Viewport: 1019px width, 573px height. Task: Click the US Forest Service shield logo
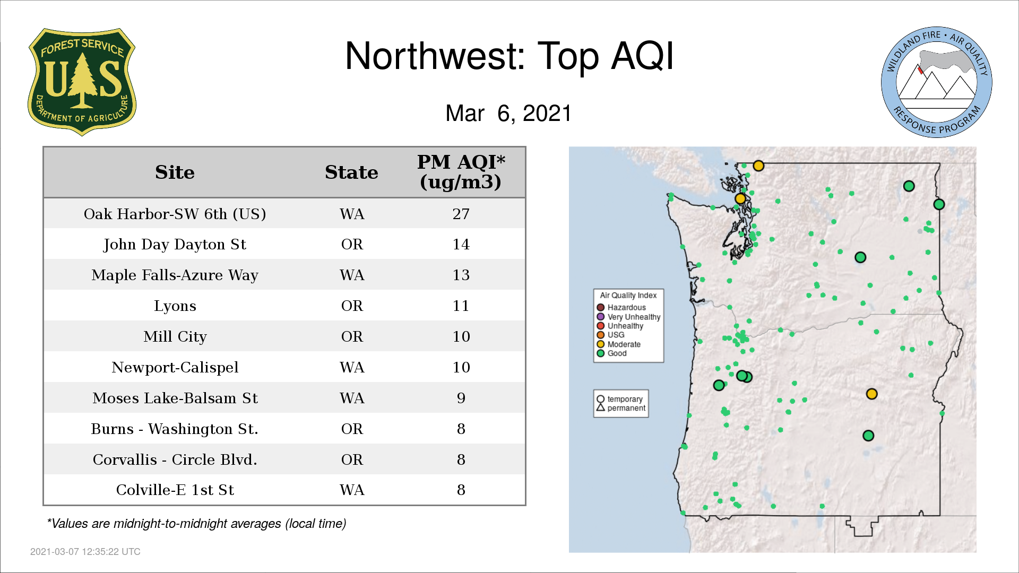click(82, 82)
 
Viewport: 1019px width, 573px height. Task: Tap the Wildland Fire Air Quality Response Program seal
click(937, 82)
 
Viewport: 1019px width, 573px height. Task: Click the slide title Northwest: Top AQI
click(509, 56)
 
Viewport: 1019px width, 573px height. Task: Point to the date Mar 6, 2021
click(508, 114)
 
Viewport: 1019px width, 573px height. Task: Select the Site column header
click(175, 172)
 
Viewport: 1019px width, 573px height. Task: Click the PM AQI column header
click(461, 172)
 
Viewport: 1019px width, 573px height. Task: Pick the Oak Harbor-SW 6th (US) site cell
click(175, 214)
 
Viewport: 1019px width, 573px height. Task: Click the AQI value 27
click(461, 214)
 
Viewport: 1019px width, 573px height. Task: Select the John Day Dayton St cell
click(175, 245)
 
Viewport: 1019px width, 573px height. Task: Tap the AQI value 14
click(461, 245)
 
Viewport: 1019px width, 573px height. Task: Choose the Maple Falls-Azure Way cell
click(175, 275)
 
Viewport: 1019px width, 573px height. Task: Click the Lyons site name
click(175, 306)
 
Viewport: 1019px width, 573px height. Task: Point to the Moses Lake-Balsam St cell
click(175, 398)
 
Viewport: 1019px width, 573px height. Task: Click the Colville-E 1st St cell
click(175, 490)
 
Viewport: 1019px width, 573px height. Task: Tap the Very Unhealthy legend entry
click(628, 317)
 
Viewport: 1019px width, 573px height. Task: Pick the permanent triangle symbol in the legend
click(601, 408)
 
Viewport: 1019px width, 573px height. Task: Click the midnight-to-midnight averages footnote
click(196, 524)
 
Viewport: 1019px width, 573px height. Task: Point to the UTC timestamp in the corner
click(85, 552)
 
